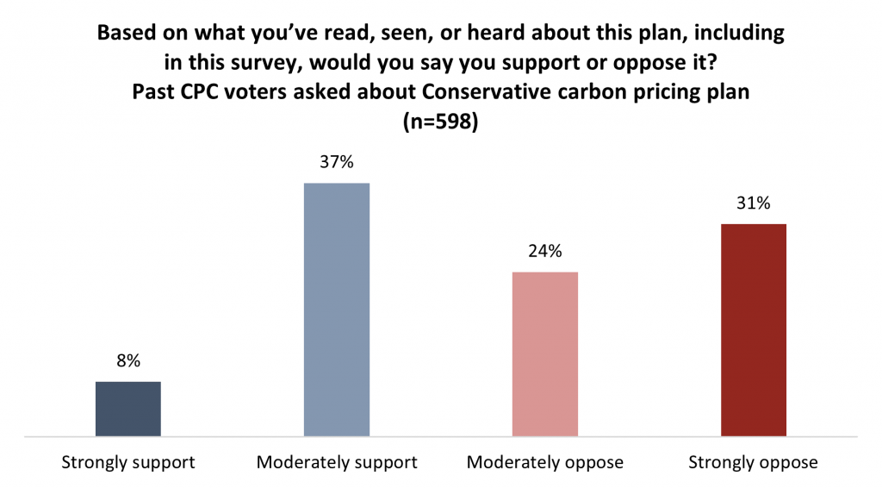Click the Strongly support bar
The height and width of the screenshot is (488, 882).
tap(127, 409)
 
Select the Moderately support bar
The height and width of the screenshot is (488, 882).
tap(337, 310)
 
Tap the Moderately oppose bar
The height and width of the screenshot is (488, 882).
tap(545, 354)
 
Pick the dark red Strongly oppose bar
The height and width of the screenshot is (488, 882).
tap(754, 330)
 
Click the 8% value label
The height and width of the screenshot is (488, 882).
tap(128, 361)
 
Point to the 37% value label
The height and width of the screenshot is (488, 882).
tap(337, 162)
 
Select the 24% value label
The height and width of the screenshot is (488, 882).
tap(545, 252)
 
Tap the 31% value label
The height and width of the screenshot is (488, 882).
tap(754, 203)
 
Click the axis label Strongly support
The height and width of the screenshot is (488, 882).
tap(128, 462)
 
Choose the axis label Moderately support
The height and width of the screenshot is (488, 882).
tap(337, 462)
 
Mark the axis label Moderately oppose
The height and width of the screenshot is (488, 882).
tap(545, 462)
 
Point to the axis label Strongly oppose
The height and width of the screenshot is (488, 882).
tap(754, 462)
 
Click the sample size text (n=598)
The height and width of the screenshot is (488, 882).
tap(440, 122)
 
